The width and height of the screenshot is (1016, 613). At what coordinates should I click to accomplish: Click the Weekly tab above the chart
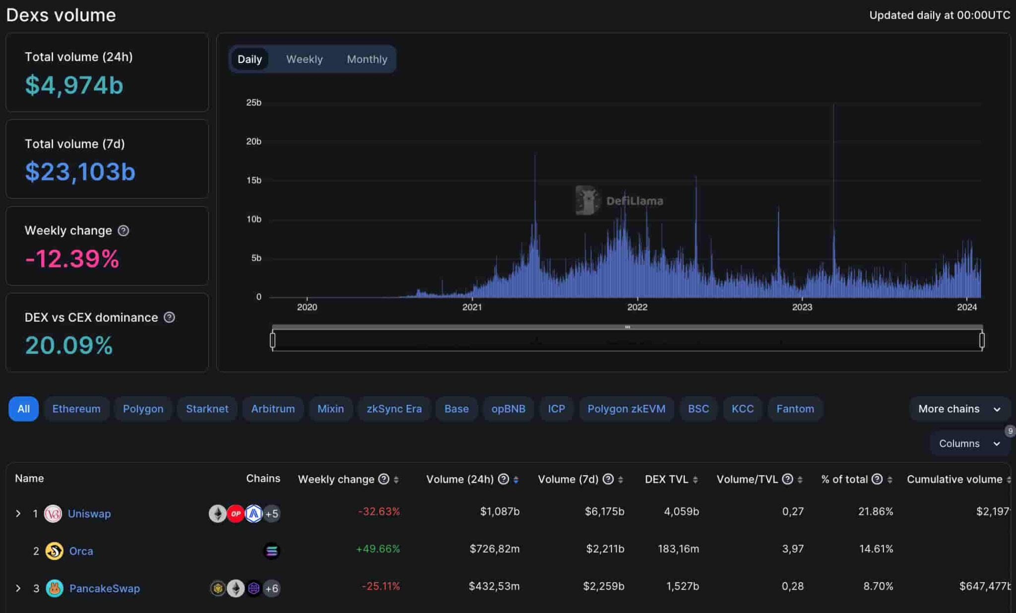(x=304, y=59)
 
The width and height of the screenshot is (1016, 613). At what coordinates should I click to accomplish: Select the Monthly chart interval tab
(x=367, y=59)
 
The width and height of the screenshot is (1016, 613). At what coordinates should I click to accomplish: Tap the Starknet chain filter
(x=207, y=409)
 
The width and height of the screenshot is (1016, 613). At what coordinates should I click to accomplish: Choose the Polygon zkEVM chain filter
(x=626, y=409)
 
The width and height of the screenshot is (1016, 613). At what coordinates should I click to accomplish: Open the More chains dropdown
(x=959, y=409)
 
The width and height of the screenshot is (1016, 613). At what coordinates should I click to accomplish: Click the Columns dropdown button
(x=969, y=444)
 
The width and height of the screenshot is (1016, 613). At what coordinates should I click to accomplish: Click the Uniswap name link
(x=89, y=513)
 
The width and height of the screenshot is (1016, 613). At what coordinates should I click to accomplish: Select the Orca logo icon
(x=54, y=551)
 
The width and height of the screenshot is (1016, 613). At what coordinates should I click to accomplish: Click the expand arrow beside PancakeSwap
(x=18, y=588)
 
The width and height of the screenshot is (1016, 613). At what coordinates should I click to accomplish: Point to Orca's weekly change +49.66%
(x=378, y=549)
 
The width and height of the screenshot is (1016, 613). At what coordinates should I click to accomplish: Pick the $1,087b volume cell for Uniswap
(x=499, y=511)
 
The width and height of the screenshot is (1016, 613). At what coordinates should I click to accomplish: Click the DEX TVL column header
(x=666, y=479)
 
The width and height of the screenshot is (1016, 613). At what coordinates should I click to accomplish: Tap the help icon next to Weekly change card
(x=124, y=230)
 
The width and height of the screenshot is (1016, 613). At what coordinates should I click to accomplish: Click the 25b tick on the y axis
(x=254, y=103)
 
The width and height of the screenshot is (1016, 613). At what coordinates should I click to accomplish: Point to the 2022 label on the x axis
(x=637, y=307)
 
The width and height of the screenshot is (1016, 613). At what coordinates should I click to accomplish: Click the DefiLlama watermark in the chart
(x=619, y=201)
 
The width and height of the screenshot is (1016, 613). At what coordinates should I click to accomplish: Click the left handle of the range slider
(x=272, y=340)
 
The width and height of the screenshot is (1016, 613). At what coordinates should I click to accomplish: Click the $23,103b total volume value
(x=80, y=171)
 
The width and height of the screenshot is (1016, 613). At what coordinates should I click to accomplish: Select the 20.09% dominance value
(x=69, y=345)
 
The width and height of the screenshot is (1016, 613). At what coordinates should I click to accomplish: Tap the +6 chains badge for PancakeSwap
(x=271, y=588)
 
